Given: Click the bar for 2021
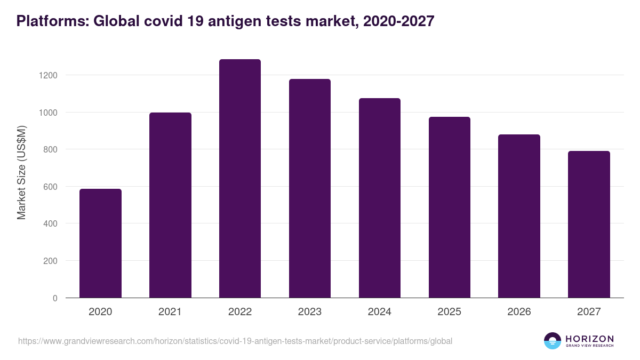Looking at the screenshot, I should [x=170, y=205].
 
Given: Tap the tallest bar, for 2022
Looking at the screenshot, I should [x=240, y=179].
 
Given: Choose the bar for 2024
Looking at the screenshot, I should [x=379, y=198].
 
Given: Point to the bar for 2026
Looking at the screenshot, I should [x=519, y=216].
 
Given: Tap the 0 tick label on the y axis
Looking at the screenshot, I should [x=55, y=298].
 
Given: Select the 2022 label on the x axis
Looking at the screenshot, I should [x=240, y=312].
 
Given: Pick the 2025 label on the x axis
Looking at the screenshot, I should [x=449, y=312].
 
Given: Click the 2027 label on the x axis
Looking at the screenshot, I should [x=589, y=312].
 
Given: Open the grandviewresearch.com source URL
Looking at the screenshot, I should [x=235, y=341].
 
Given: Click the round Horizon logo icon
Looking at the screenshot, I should [x=553, y=341].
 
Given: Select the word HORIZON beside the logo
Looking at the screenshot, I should [x=589, y=339].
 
